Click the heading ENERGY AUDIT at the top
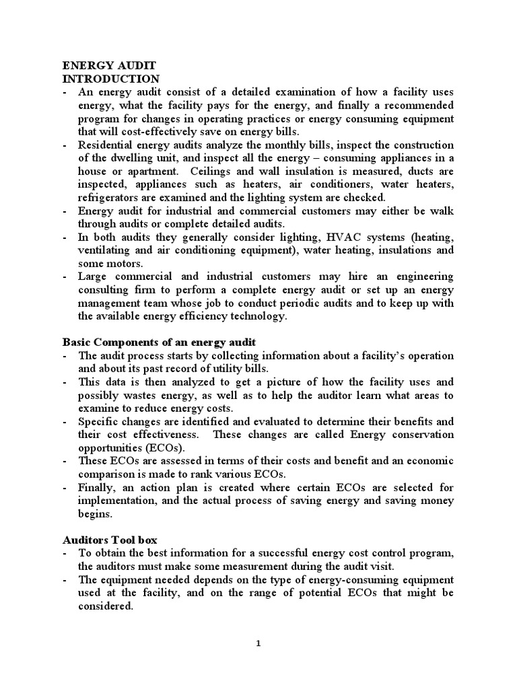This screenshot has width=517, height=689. click(x=109, y=65)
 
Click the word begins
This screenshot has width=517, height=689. click(x=96, y=513)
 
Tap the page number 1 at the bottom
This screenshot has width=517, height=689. click(x=258, y=643)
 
